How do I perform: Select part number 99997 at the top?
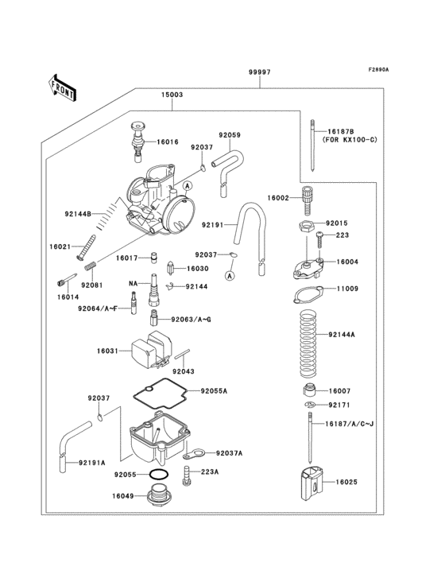coord(260,72)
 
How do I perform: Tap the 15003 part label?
coord(172,95)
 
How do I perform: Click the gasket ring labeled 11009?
coord(308,293)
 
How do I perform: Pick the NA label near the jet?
coord(135,283)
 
